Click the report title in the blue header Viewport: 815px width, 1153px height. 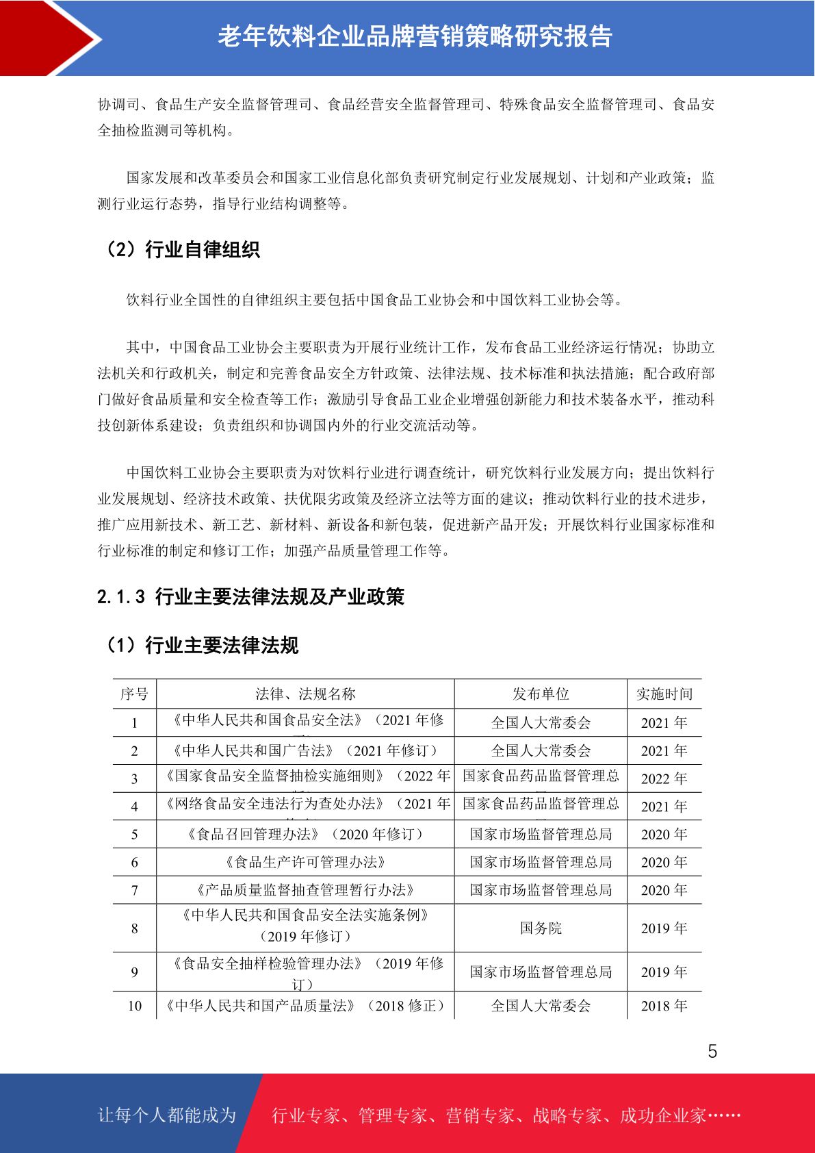[415, 36]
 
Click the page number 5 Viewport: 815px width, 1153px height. [712, 1051]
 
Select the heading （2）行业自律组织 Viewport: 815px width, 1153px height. [181, 250]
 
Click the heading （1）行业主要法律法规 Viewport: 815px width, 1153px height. [201, 645]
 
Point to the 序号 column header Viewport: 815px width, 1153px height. [134, 694]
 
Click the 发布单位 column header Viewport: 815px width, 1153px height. [541, 694]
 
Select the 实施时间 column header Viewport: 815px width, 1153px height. [664, 694]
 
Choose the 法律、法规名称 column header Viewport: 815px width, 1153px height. [305, 694]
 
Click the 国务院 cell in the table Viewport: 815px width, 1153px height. [541, 928]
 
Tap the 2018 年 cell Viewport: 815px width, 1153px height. [664, 1006]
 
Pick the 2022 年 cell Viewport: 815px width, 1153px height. [664, 778]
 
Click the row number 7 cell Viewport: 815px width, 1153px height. [134, 890]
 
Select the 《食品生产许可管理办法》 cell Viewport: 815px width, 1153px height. [305, 862]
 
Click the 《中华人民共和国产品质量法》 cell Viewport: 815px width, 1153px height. [305, 1006]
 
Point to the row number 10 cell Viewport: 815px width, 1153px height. [134, 1006]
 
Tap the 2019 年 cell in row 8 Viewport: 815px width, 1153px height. [664, 928]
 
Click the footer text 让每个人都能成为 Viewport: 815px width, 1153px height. [167, 1115]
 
